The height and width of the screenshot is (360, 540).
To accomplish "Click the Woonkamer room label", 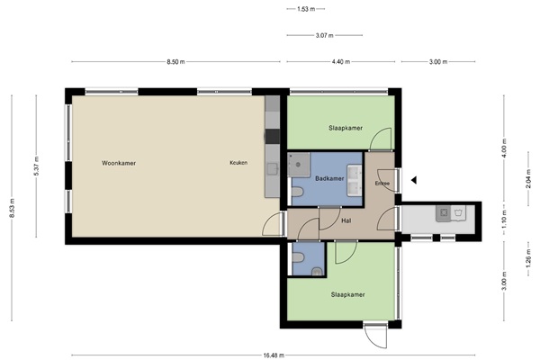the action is (119, 163).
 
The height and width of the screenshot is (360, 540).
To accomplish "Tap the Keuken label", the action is (238, 163).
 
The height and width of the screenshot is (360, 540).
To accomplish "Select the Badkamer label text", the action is (329, 178).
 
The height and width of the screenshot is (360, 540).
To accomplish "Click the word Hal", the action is (346, 220).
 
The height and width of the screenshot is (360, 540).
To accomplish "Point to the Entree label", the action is (382, 184).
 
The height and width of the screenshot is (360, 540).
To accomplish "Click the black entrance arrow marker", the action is (414, 180).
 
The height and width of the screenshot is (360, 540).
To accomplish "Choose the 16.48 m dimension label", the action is (274, 355).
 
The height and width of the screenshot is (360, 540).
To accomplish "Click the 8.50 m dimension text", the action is (175, 62).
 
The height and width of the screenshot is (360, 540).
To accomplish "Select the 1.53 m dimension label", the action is (306, 9).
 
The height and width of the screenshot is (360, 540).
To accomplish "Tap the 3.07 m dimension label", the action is (324, 35).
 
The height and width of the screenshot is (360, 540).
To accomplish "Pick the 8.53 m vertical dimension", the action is (12, 208).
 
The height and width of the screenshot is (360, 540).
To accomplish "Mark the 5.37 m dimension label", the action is (36, 166).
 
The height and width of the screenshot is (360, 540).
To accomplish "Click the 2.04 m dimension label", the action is (528, 179).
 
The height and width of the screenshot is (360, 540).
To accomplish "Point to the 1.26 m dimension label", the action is (528, 257).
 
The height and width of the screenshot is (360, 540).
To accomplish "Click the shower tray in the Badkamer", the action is (299, 165).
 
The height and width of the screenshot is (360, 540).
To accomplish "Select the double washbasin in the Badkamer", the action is (355, 181).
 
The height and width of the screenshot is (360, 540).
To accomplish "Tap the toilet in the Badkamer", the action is (297, 192).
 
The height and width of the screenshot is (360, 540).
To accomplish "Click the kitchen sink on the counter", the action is (273, 169).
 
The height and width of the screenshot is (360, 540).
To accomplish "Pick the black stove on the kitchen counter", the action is (273, 137).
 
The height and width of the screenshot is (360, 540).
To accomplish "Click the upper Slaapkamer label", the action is (346, 128).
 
